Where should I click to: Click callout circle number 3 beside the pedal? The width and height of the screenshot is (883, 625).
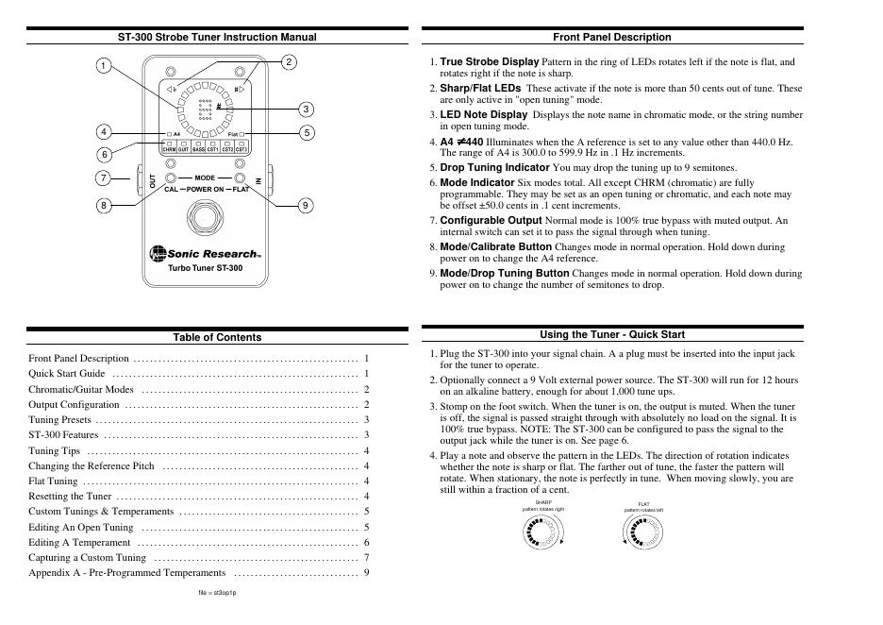(306, 110)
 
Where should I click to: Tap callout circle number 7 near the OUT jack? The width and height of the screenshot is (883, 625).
(102, 177)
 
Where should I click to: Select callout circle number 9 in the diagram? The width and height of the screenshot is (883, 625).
(306, 205)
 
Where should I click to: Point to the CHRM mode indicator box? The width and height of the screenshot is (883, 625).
(169, 149)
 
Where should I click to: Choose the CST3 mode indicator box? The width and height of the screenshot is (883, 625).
(242, 149)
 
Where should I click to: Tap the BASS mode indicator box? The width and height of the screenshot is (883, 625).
(198, 149)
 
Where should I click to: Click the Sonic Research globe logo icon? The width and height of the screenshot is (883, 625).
(157, 253)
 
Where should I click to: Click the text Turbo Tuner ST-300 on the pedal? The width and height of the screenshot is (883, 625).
(205, 268)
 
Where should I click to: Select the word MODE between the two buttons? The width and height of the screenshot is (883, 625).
(206, 177)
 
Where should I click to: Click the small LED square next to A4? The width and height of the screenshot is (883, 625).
(167, 135)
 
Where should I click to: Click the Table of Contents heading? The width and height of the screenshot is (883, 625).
(217, 337)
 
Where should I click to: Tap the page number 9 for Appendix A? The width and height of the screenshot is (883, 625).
(366, 572)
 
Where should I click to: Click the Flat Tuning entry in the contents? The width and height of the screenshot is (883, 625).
(53, 481)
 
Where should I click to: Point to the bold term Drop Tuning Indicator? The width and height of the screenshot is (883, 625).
(494, 167)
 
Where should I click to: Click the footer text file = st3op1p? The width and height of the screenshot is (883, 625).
(217, 593)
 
